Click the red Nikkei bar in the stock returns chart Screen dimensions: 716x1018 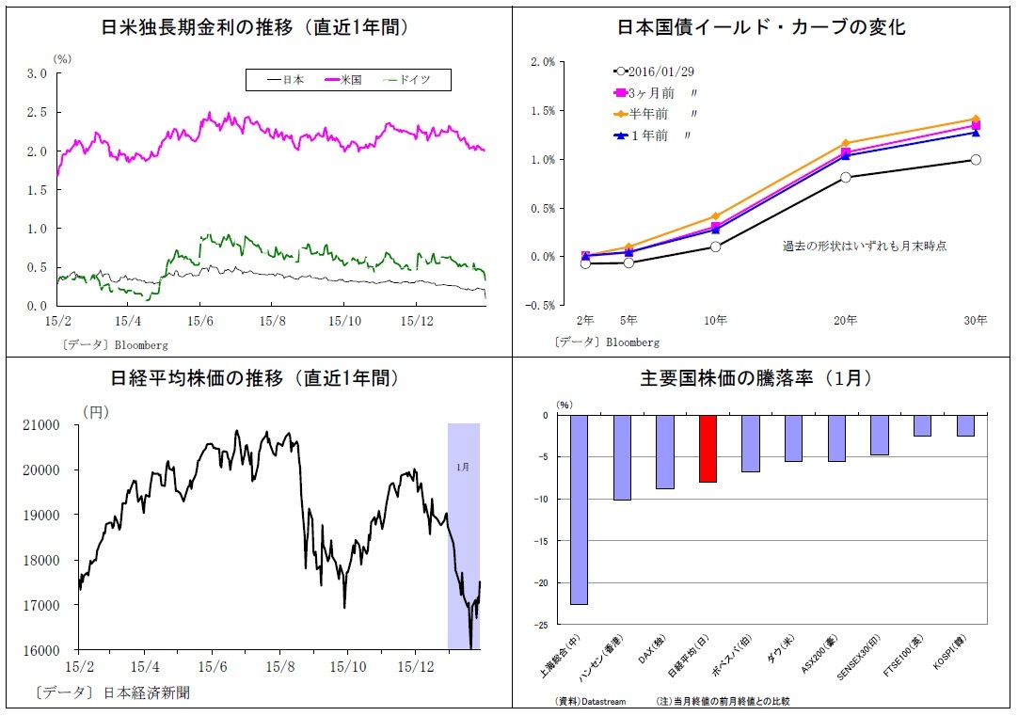pos(708,449)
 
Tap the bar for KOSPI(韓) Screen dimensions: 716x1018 pos(965,425)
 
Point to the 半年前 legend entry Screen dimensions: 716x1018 pos(647,114)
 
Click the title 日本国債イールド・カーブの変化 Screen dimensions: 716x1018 pos(761,27)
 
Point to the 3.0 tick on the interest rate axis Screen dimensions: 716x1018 pos(38,73)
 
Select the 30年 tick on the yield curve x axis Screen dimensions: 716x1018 pos(975,321)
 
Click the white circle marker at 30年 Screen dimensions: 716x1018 pos(976,160)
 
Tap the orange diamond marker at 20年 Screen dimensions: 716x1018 pos(845,144)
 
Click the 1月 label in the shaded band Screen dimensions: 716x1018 pos(463,466)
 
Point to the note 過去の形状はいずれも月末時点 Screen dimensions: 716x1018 pos(864,246)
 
